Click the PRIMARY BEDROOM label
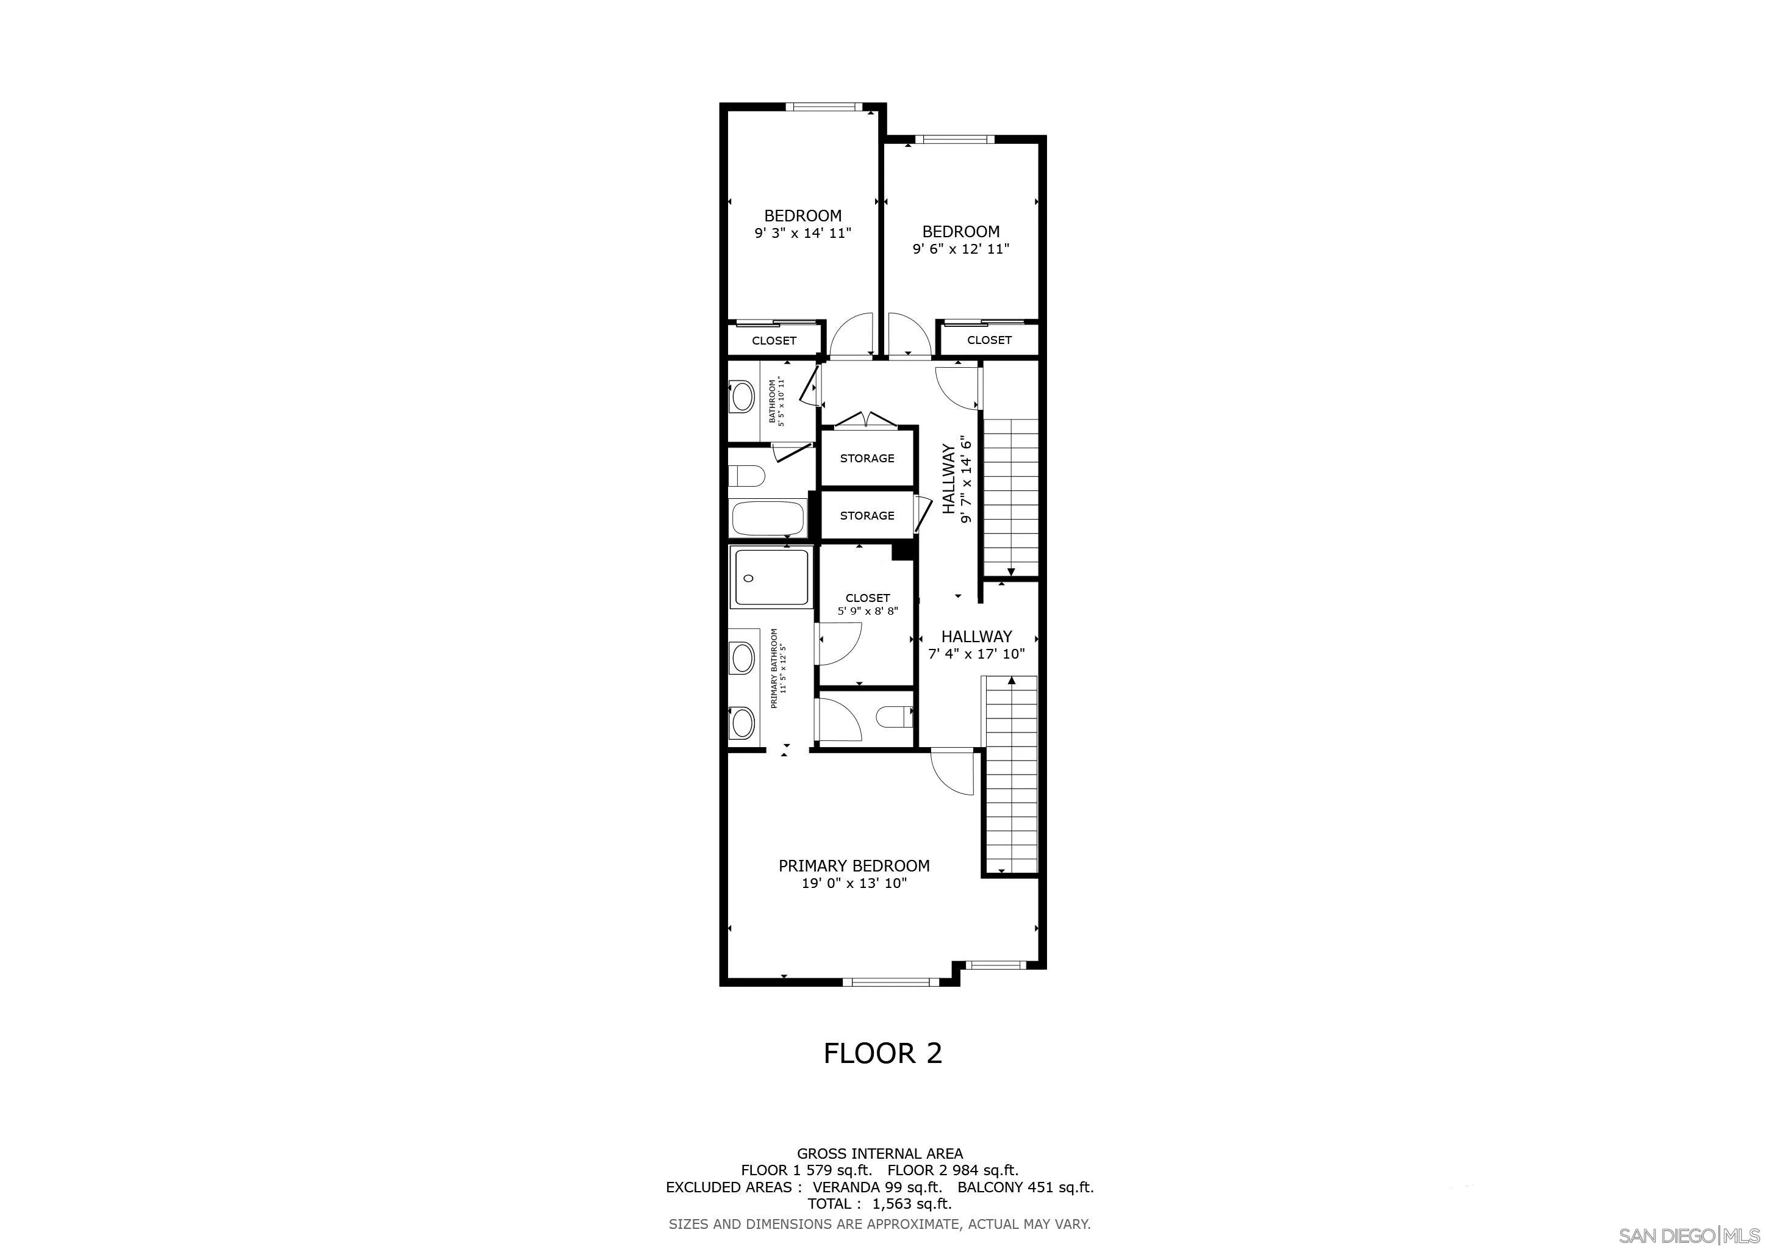[x=854, y=866]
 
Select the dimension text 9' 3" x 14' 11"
[x=803, y=233]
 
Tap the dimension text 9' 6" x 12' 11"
[x=960, y=249]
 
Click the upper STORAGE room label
[x=867, y=459]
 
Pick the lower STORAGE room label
[x=867, y=516]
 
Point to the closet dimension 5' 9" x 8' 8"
[x=868, y=612]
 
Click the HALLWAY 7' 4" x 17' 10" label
[x=977, y=645]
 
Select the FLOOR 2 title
[x=882, y=1053]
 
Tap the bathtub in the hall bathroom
[x=768, y=518]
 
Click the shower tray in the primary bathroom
[x=771, y=578]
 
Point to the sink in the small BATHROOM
[x=742, y=398]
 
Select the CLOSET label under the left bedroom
[x=774, y=341]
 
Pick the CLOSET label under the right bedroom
[x=989, y=340]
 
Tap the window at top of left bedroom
[x=824, y=107]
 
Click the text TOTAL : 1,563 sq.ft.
[x=879, y=1204]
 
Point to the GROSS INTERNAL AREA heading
[x=879, y=1154]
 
